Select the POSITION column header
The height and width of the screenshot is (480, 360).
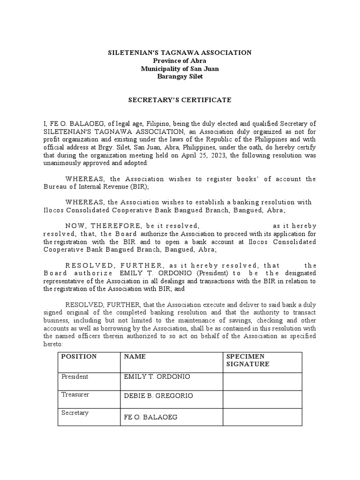coord(79,356)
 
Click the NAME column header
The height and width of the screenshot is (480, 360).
coord(135,356)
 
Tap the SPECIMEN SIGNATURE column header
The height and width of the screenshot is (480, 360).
coord(247,360)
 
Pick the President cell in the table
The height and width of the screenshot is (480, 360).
coord(75,376)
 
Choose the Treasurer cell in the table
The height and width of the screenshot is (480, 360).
coord(75,395)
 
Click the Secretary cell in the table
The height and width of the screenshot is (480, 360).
coord(75,412)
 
